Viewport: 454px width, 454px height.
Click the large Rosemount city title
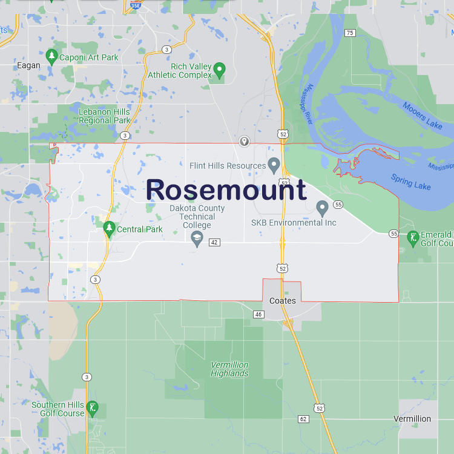[x=226, y=189]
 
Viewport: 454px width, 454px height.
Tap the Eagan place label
[x=29, y=65]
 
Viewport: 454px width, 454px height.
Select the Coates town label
[x=283, y=301]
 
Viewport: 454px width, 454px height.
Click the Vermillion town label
[x=412, y=419]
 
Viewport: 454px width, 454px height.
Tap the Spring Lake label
[x=411, y=182]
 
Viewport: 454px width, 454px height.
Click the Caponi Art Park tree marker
[x=52, y=57]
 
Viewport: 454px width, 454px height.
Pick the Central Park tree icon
[x=109, y=228]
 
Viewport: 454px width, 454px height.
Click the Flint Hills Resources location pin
[x=274, y=165]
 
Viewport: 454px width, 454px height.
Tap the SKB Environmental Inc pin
[x=322, y=208]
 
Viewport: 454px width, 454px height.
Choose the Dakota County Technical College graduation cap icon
[x=197, y=240]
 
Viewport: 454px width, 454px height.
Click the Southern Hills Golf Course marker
[x=92, y=407]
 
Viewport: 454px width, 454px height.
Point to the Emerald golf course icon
[x=413, y=238]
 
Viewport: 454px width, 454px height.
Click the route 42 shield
[x=214, y=243]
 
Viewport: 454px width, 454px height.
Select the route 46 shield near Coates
[x=259, y=314]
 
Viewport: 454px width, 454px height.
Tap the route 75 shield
[x=350, y=33]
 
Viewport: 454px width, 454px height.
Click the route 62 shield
[x=303, y=419]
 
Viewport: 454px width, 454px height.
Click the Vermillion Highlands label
[x=229, y=369]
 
